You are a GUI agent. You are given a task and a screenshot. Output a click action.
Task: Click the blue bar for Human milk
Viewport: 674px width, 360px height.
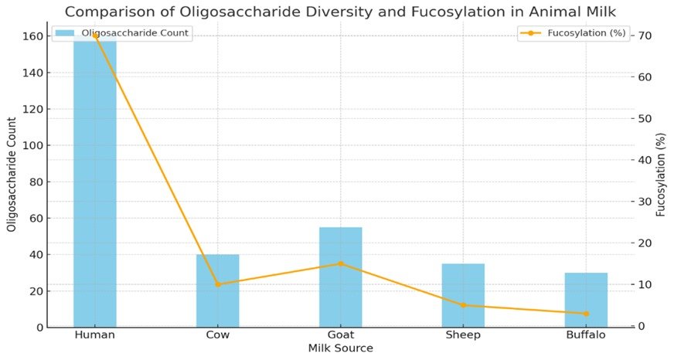pyautogui.click(x=94, y=185)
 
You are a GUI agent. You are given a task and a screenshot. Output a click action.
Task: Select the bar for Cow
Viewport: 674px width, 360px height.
pyautogui.click(x=217, y=290)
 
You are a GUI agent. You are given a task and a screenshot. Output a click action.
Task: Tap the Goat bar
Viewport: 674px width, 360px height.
pyautogui.click(x=340, y=277)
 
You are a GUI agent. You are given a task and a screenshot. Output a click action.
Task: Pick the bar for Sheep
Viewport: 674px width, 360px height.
pyautogui.click(x=463, y=295)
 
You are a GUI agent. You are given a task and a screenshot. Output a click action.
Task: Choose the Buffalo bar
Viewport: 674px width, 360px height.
pyautogui.click(x=586, y=300)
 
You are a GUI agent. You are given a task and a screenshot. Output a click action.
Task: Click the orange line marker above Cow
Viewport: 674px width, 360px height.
pyautogui.click(x=217, y=284)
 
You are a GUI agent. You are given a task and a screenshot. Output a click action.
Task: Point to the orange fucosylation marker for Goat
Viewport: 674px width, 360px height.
pyautogui.click(x=340, y=263)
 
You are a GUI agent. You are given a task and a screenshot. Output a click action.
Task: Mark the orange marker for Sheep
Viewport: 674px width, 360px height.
pyautogui.click(x=463, y=305)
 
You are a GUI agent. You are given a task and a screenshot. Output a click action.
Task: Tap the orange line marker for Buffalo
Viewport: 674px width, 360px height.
pyautogui.click(x=586, y=314)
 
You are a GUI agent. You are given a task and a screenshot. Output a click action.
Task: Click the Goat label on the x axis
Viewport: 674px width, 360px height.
pyautogui.click(x=340, y=335)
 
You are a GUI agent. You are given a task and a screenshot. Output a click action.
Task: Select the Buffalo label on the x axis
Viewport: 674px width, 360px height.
pyautogui.click(x=586, y=335)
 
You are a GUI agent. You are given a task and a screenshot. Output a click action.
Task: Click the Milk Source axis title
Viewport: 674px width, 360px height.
pyautogui.click(x=340, y=349)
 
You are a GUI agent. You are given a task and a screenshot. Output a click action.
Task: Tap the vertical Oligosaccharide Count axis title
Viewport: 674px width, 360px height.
pyautogui.click(x=12, y=175)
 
